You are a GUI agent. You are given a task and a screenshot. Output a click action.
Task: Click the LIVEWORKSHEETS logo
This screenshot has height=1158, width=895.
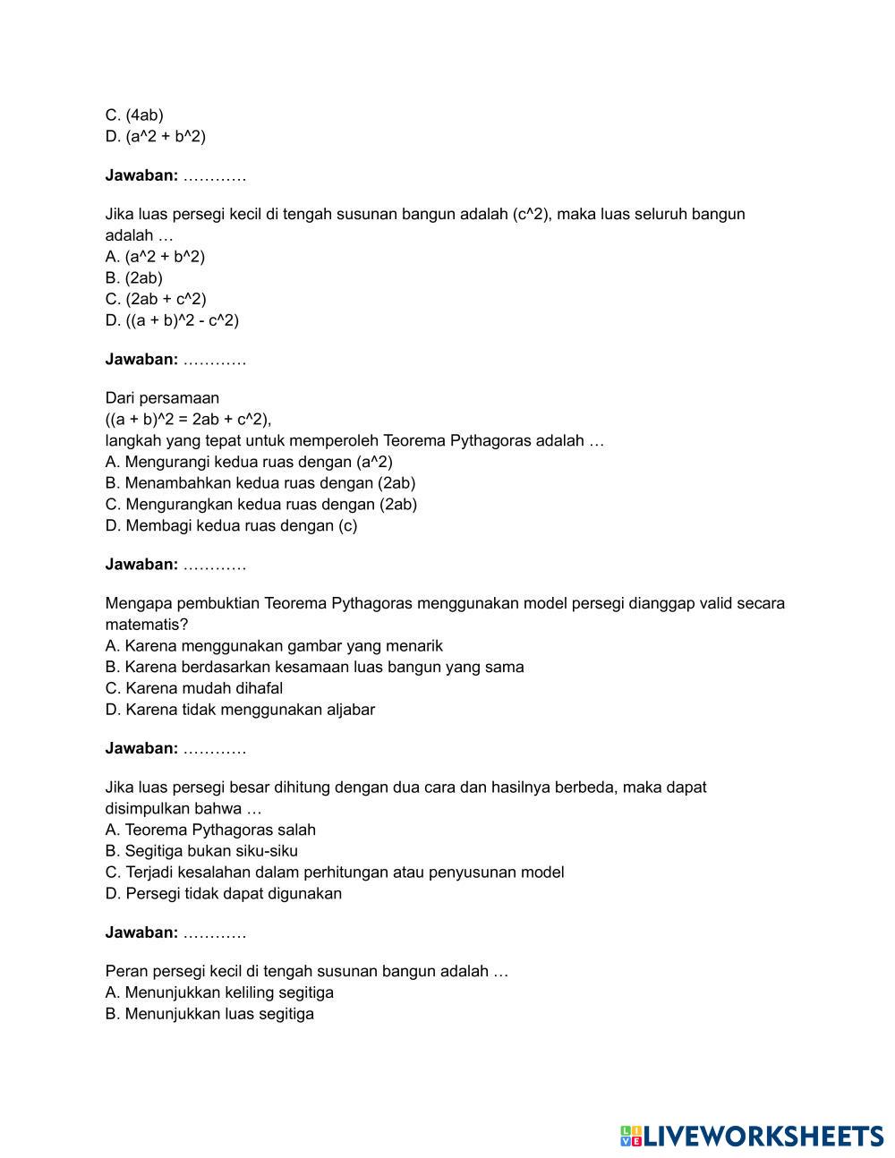(x=751, y=1136)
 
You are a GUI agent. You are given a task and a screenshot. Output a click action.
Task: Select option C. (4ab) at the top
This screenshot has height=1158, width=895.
(x=134, y=115)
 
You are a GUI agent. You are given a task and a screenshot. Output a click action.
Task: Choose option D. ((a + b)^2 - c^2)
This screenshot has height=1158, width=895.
(x=172, y=320)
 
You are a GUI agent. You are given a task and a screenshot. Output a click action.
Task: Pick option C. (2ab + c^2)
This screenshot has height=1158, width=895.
(x=156, y=299)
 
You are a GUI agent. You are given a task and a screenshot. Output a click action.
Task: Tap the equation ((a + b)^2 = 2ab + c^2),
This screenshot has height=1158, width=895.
(x=188, y=420)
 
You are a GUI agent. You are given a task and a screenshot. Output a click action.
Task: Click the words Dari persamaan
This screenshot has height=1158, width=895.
(x=162, y=398)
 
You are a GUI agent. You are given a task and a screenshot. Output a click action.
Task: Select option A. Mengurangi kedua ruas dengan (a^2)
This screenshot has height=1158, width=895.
(x=249, y=463)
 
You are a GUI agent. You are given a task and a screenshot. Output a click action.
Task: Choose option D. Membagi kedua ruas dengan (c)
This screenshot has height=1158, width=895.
(x=231, y=526)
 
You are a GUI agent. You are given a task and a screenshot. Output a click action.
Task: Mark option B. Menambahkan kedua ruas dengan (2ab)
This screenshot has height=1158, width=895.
(x=260, y=483)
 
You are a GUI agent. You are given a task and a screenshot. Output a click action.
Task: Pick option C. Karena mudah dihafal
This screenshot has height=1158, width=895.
(x=194, y=688)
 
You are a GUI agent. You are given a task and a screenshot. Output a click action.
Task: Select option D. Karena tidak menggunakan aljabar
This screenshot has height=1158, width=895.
(x=240, y=710)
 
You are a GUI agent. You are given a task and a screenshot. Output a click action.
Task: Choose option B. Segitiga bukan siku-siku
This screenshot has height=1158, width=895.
(x=201, y=851)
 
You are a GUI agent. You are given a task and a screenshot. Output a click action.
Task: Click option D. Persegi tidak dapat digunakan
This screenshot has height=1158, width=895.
(x=224, y=894)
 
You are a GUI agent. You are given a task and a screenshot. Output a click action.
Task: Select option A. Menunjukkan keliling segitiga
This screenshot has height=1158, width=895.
(x=219, y=992)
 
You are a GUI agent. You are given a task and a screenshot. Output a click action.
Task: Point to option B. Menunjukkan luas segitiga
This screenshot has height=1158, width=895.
(x=209, y=1014)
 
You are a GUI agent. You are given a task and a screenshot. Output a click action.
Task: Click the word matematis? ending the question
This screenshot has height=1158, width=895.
(x=147, y=625)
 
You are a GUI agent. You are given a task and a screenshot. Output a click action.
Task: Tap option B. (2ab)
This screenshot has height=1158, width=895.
(x=134, y=278)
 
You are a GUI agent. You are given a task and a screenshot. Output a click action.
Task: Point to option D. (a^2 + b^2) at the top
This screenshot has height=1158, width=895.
(x=156, y=137)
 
